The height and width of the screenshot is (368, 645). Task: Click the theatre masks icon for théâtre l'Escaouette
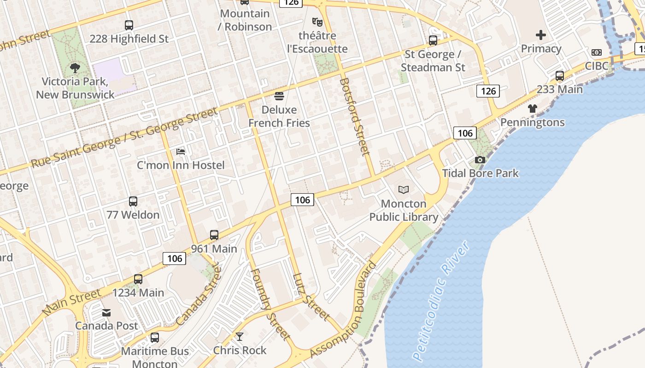tap(317, 22)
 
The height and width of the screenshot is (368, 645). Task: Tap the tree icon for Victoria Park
tap(75, 69)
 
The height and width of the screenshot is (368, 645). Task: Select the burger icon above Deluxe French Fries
tap(279, 96)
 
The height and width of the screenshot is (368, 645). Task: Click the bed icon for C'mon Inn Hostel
tap(181, 152)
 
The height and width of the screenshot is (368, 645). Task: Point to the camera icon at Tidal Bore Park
tap(480, 160)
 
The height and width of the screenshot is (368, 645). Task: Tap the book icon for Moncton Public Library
tap(404, 190)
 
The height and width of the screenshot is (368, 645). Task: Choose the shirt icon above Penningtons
tap(533, 109)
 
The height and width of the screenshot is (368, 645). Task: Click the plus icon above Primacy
tap(541, 35)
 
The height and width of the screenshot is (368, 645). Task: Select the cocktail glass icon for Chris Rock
tap(240, 337)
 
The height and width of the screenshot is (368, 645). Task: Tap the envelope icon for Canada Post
tap(106, 313)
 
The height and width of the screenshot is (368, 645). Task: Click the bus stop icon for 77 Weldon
tap(133, 201)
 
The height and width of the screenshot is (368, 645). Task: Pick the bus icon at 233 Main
tap(560, 76)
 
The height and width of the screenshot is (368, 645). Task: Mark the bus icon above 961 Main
tap(214, 235)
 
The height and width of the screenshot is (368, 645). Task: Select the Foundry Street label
tap(270, 304)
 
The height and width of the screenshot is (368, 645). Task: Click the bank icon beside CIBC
tap(597, 52)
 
